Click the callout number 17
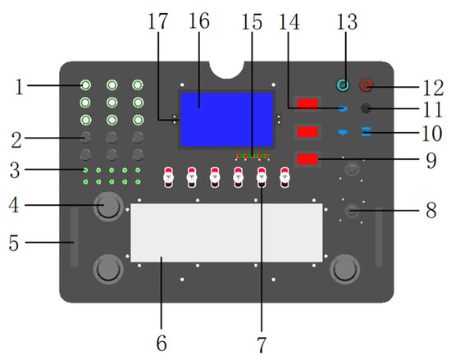[157, 21]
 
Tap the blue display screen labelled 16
[226, 120]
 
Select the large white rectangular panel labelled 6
[226, 233]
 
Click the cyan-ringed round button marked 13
[343, 85]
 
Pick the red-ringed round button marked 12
[367, 85]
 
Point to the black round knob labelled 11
[366, 108]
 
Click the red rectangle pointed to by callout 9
[307, 159]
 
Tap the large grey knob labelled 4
[108, 207]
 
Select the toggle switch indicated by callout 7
[262, 177]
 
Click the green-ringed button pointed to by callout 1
[85, 85]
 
